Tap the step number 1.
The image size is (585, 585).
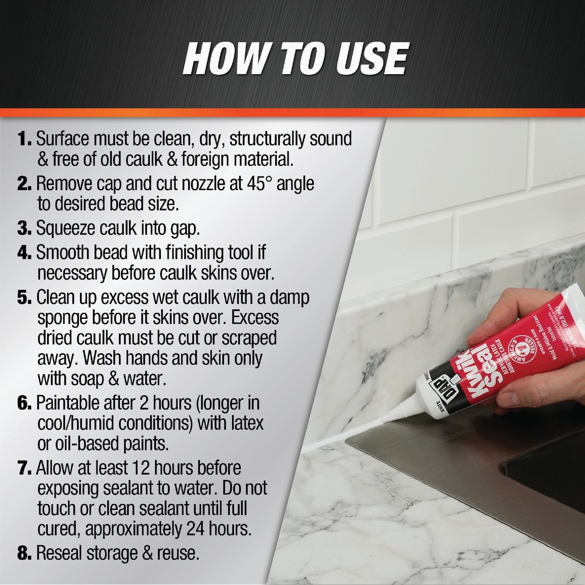24,139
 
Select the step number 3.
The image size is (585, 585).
24,228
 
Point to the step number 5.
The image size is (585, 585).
24,297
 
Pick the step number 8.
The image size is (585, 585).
24,553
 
